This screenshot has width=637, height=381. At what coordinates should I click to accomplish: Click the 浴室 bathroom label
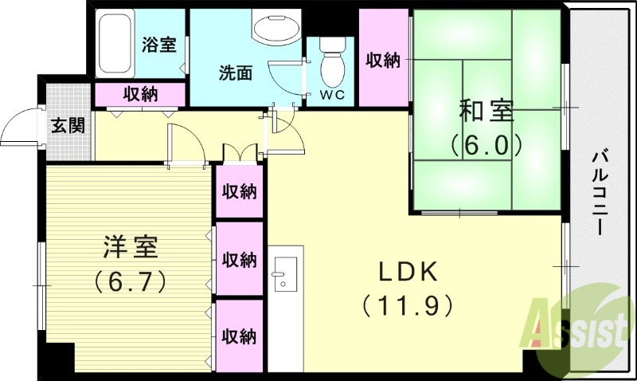[x=159, y=45]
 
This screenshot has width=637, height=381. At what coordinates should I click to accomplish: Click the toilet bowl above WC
[x=332, y=67]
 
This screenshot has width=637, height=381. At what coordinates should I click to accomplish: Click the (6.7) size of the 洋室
[x=129, y=280]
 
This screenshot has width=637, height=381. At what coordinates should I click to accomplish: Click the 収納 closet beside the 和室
[x=382, y=60]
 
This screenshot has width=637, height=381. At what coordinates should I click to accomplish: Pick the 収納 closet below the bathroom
[x=140, y=93]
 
